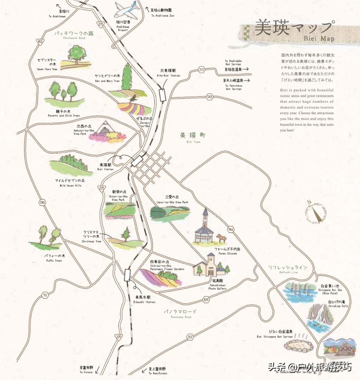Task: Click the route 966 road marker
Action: click(x=231, y=229)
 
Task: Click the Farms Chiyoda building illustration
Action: click(x=207, y=227)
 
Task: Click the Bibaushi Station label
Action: click(x=143, y=299)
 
